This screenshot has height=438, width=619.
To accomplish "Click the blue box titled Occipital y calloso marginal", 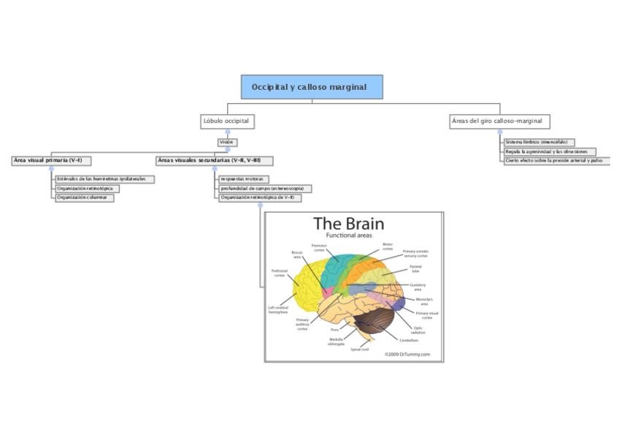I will point(312,87).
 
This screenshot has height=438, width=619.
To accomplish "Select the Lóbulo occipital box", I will point(227,121).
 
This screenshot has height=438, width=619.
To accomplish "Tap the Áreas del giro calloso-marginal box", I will point(499,121).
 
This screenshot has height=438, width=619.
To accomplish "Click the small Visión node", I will point(227,142).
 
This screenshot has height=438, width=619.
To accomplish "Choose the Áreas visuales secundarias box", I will point(214,160).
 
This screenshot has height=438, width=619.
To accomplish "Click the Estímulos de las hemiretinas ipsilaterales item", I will point(104,179).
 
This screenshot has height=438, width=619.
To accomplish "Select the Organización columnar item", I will point(84,197).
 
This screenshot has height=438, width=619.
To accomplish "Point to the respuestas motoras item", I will point(243,179).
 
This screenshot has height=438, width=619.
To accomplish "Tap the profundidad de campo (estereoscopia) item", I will point(265,189).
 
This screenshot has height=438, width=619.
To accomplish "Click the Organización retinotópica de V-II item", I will point(257,197).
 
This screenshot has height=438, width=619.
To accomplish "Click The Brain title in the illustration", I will point(348,224).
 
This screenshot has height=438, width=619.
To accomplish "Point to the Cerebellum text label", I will point(409,340).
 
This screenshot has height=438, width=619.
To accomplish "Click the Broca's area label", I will point(297,254).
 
